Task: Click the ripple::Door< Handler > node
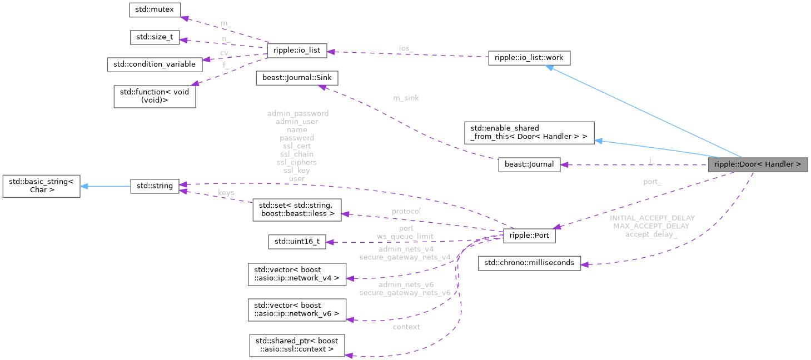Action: click(758, 164)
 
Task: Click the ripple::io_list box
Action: click(297, 51)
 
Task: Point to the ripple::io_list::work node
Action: click(529, 58)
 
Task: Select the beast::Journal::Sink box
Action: click(297, 78)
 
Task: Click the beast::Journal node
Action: click(529, 164)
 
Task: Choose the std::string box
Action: click(155, 187)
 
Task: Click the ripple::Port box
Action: click(529, 236)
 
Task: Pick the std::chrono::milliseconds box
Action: click(530, 263)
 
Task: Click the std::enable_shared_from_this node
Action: click(529, 132)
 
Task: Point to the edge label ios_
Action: click(406, 48)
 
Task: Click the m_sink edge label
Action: click(406, 98)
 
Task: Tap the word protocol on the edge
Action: click(406, 211)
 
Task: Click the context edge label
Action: click(406, 327)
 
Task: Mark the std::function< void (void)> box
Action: click(155, 96)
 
